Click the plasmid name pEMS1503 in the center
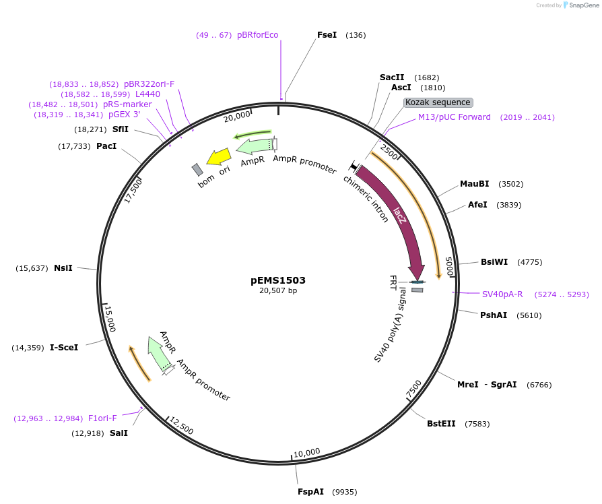click(x=278, y=280)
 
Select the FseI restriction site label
click(x=327, y=35)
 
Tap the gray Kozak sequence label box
click(x=438, y=102)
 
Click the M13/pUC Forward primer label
click(x=455, y=117)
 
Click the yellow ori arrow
click(x=219, y=157)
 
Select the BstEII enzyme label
click(x=441, y=424)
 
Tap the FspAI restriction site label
click(x=311, y=492)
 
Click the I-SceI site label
click(x=64, y=348)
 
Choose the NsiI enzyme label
click(x=63, y=268)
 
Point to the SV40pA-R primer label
click(x=502, y=294)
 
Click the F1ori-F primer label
click(x=102, y=418)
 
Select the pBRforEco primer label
click(x=257, y=35)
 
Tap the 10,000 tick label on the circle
click(x=307, y=452)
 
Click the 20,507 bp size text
click(x=278, y=291)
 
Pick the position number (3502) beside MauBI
click(x=510, y=184)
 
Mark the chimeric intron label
click(x=366, y=199)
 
